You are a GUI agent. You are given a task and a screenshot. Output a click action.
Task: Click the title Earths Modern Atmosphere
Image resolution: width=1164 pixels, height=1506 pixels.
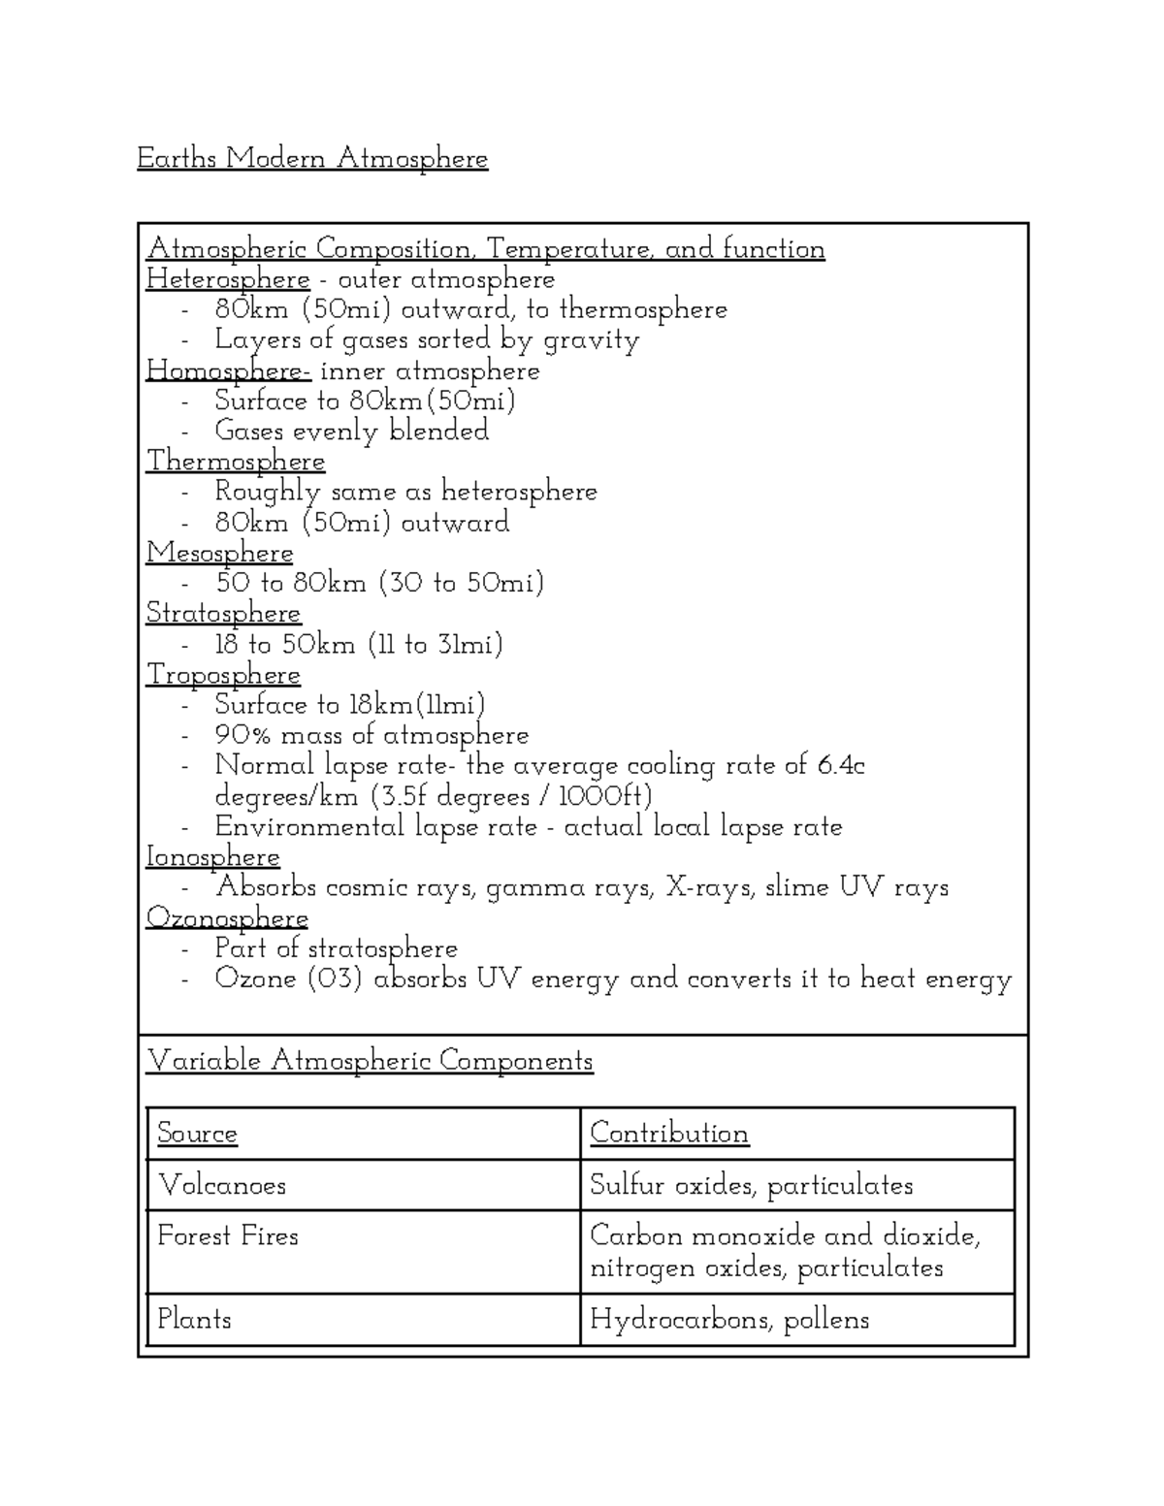coord(312,158)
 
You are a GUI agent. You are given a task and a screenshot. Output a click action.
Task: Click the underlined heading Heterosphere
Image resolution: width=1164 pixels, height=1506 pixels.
coord(228,280)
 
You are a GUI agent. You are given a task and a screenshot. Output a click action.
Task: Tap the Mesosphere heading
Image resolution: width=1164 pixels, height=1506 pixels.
coord(219,554)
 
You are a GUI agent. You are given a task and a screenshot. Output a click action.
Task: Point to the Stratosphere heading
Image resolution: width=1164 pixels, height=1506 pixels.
coord(223,614)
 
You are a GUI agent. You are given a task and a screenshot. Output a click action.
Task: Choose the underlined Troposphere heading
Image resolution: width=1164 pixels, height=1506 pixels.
coord(223,675)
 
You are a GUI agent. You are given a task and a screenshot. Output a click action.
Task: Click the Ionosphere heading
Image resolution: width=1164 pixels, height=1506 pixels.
coord(212,857)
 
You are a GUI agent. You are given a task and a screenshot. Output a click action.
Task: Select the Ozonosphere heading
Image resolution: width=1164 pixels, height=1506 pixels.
coord(227,918)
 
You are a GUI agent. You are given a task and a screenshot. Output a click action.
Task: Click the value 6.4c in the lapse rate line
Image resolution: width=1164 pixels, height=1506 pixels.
coord(840,766)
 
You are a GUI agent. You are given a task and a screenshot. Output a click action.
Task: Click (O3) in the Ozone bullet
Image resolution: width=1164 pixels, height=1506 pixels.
coord(335,979)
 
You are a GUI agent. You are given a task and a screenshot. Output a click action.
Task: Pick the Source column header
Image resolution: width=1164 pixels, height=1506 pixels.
coord(197,1134)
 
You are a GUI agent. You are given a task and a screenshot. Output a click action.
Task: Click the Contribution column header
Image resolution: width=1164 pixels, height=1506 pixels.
coord(669,1134)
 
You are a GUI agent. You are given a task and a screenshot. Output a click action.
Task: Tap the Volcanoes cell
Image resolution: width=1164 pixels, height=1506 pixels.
coord(222,1185)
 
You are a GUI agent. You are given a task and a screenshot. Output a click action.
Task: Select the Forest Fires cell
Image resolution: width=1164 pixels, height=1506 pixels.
coord(228,1236)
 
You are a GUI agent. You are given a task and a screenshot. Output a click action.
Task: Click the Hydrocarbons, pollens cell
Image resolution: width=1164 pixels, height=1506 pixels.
coord(729,1320)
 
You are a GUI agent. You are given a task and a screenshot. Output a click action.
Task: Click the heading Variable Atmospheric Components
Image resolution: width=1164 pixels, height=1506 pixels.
coord(370,1061)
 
